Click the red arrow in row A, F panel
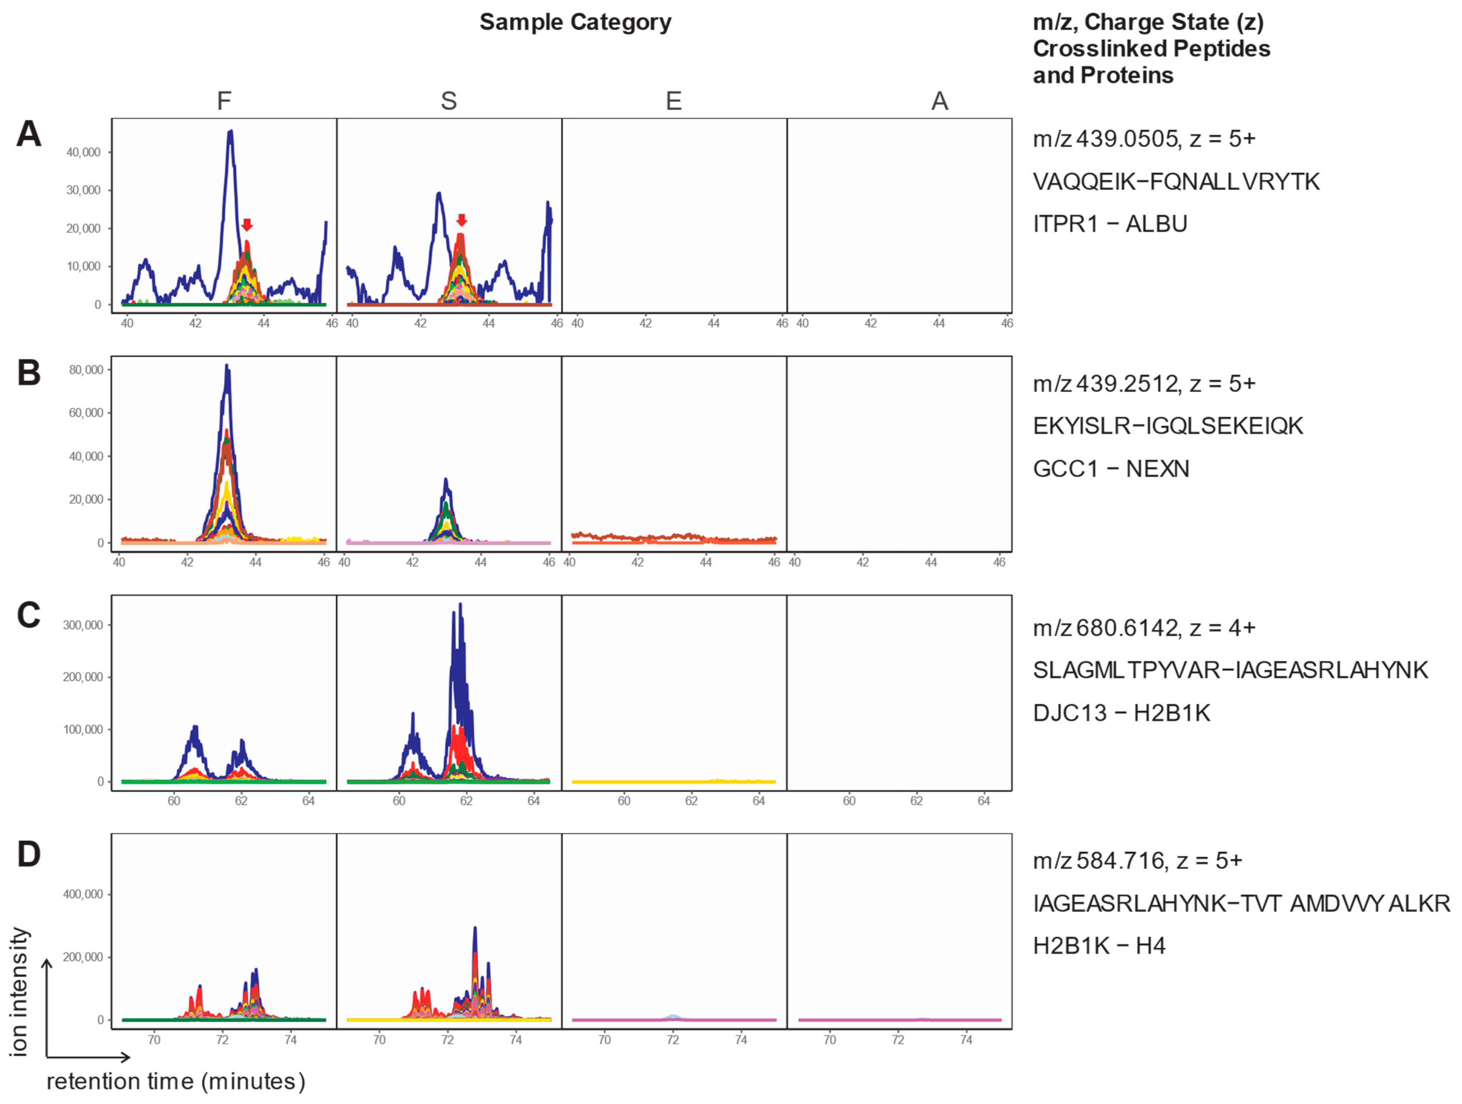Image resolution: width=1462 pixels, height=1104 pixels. point(246,224)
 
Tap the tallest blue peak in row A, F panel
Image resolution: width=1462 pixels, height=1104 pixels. point(230,133)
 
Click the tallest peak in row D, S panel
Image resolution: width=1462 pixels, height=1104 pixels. point(475,930)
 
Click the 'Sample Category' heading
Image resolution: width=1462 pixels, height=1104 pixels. point(575,22)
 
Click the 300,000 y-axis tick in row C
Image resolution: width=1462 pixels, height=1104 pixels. point(83,625)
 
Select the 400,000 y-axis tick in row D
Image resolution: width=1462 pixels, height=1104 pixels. point(83,894)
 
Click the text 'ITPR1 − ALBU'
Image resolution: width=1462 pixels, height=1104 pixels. point(1110,224)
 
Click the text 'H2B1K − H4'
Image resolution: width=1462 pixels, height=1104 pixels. point(1099,946)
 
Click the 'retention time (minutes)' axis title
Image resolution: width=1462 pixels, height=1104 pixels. point(176,1081)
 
